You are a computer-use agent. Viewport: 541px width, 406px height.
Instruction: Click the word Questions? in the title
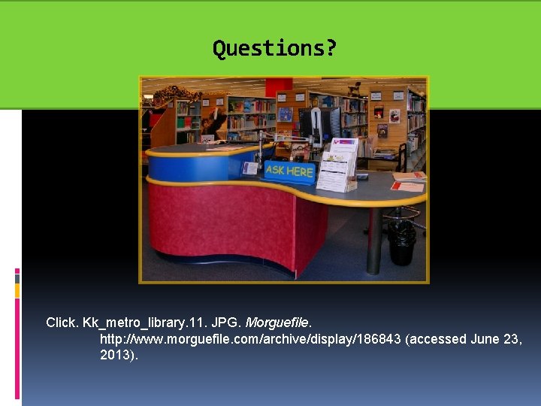coord(274,49)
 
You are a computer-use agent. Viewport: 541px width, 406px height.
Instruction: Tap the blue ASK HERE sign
coord(289,171)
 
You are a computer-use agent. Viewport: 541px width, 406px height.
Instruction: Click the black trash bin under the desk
coord(401,241)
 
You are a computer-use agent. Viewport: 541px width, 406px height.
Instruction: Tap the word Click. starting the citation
coord(62,323)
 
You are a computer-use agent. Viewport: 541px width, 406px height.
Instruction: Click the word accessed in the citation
coord(440,339)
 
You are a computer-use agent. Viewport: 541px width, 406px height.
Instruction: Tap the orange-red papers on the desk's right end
coord(408,186)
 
